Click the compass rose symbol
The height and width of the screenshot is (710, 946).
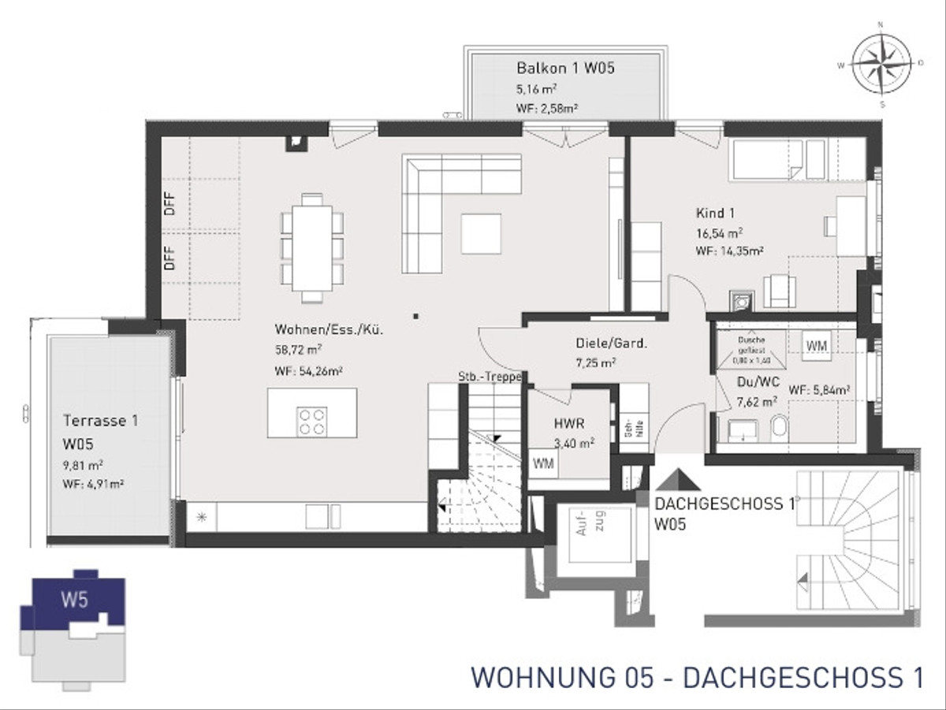pos(881,62)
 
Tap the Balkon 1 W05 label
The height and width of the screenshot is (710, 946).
pos(565,69)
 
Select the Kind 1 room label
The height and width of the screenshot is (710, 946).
pos(715,213)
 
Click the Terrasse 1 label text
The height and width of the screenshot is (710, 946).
pos(100,421)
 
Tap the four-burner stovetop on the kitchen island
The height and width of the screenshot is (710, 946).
pos(312,419)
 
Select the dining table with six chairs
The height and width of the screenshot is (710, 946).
pos(313,247)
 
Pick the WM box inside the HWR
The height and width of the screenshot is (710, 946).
pos(542,463)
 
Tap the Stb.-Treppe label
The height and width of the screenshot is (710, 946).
pos(488,377)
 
